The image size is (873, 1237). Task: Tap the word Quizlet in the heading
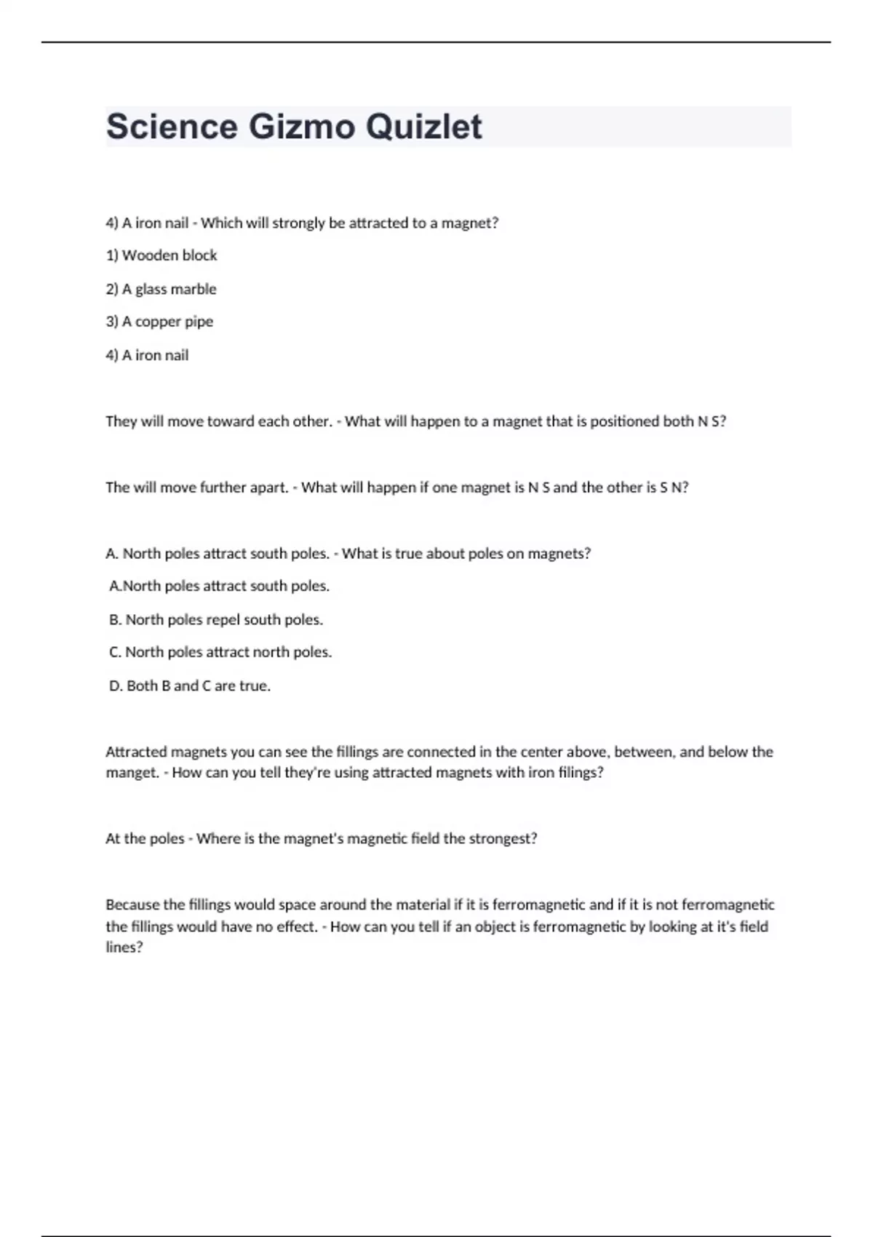pos(423,127)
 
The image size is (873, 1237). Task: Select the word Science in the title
pos(172,127)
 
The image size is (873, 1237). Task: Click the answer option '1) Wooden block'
pos(162,255)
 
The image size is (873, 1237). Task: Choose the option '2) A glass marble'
pos(161,289)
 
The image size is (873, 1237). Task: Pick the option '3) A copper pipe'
pos(159,322)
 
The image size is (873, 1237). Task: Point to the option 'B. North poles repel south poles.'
pos(216,620)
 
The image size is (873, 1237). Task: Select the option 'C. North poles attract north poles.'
pos(220,652)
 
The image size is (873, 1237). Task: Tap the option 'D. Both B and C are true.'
pos(190,685)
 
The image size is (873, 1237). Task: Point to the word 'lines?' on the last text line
pos(124,947)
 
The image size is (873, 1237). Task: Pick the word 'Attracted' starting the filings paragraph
pos(135,752)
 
